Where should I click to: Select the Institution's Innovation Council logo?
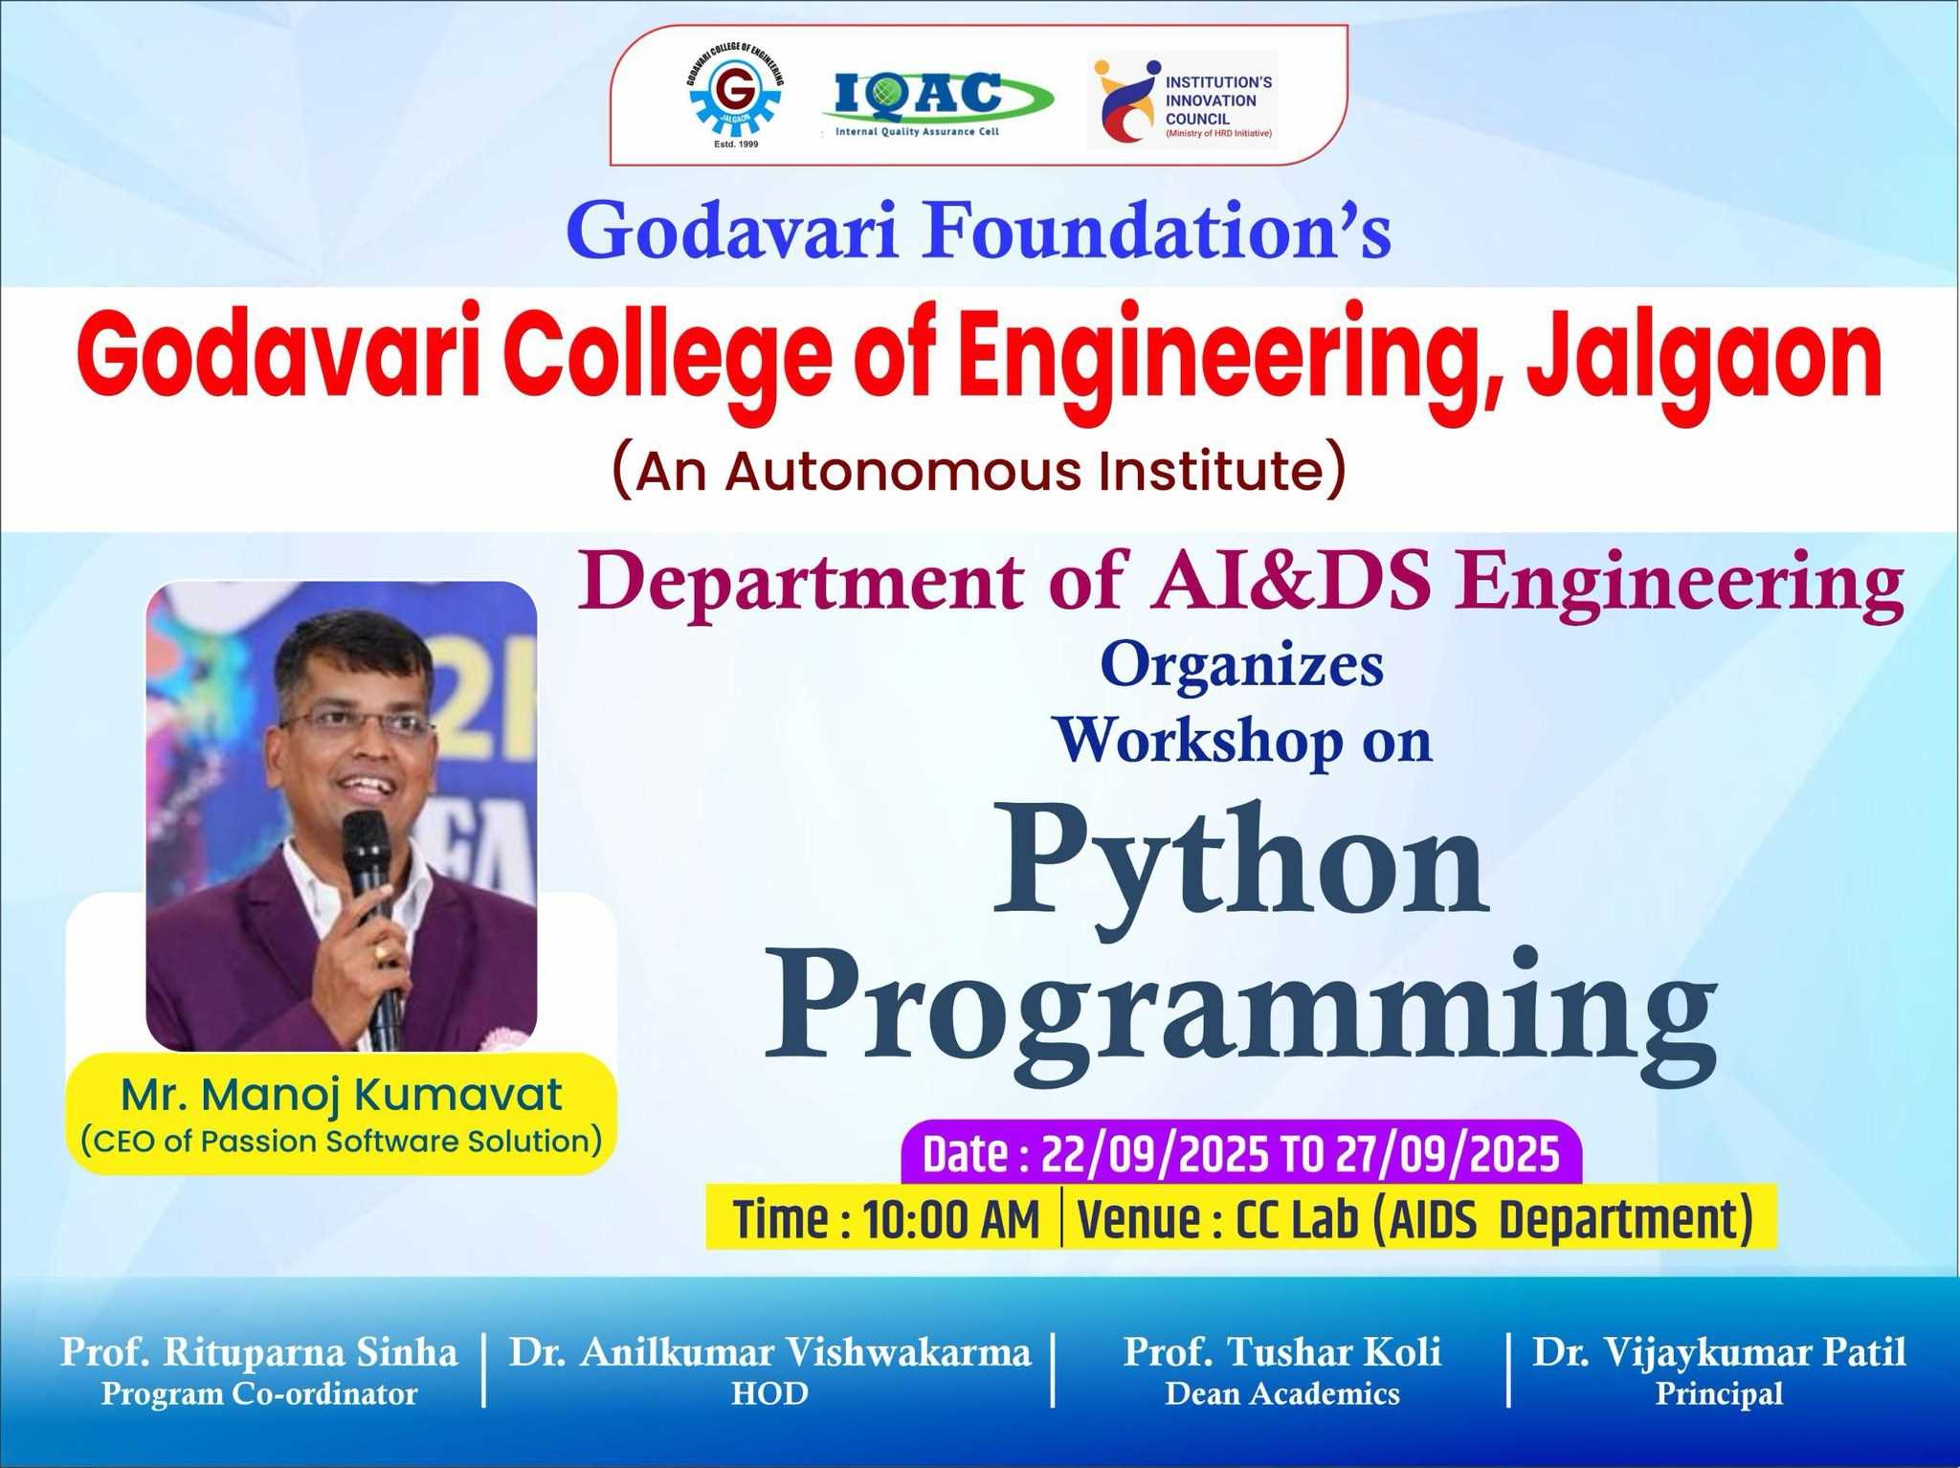pos(1183,101)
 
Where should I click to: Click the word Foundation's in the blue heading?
pos(1155,231)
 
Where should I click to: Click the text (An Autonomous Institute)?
pos(979,470)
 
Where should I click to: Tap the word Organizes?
pos(1242,666)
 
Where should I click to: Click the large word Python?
pos(1241,857)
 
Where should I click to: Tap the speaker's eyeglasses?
pos(358,723)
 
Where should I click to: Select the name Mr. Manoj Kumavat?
pos(342,1095)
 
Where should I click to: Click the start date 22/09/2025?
pos(1155,1155)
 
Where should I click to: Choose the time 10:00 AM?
pos(951,1220)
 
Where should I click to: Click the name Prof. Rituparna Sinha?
pos(259,1352)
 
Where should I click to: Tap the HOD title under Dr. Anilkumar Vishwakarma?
pos(770,1393)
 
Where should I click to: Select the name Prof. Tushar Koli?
pos(1282,1352)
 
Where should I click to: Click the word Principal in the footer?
pos(1720,1393)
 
